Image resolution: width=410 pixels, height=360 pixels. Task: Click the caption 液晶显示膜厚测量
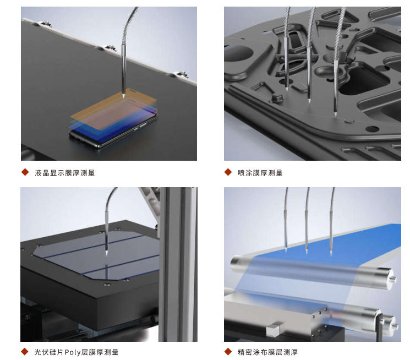(65, 173)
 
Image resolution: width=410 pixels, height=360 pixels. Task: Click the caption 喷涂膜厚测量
(260, 173)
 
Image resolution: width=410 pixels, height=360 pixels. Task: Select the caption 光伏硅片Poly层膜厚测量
(76, 352)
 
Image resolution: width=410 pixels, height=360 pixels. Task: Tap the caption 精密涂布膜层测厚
(267, 352)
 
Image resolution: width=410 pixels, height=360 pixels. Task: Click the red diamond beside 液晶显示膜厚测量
(25, 172)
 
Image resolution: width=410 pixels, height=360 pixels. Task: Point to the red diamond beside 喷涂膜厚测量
(228, 172)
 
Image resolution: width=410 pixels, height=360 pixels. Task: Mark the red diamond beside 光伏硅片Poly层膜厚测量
(25, 352)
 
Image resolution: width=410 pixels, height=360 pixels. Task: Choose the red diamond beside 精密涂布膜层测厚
(228, 352)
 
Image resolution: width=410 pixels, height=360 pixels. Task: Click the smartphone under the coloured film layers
(113, 131)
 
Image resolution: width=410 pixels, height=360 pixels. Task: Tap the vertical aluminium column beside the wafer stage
(178, 264)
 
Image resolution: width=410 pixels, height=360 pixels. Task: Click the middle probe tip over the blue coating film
(307, 252)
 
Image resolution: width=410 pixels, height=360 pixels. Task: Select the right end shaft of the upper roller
(392, 279)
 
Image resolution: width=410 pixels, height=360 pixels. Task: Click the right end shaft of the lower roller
(395, 325)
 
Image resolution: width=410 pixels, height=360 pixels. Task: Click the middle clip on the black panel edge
(107, 48)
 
